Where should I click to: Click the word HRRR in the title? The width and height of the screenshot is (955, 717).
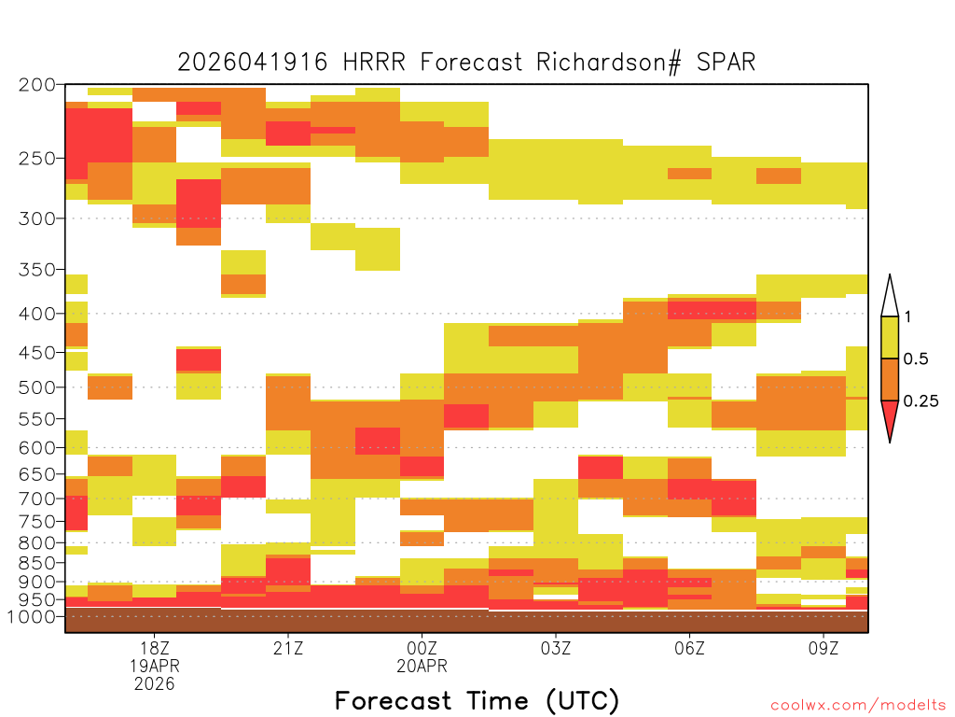click(373, 63)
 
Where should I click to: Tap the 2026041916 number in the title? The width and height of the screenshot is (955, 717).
click(252, 63)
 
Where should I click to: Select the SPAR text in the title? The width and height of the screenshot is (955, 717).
click(726, 63)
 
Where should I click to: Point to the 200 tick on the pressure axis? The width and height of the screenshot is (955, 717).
click(37, 85)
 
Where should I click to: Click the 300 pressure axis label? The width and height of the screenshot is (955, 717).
click(37, 218)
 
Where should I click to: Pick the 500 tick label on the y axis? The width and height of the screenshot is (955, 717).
click(37, 387)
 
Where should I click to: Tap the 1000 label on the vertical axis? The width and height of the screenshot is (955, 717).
click(32, 616)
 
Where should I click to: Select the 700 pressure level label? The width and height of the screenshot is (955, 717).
click(37, 499)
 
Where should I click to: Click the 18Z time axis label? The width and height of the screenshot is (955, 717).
click(154, 648)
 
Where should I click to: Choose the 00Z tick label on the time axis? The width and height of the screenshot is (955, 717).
click(422, 648)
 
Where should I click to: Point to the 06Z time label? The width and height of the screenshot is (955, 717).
click(689, 648)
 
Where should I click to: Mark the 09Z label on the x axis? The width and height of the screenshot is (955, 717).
click(824, 648)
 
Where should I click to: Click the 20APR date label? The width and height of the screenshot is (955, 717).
click(422, 666)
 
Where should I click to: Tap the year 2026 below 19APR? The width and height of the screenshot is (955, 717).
click(154, 684)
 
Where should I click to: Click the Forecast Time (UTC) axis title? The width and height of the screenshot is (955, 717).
click(477, 701)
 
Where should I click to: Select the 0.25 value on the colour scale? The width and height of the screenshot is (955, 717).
click(920, 401)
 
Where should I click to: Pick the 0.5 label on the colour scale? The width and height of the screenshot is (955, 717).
click(916, 359)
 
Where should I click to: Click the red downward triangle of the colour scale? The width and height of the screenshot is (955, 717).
click(890, 418)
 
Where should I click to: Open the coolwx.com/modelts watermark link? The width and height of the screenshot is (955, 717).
click(858, 706)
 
